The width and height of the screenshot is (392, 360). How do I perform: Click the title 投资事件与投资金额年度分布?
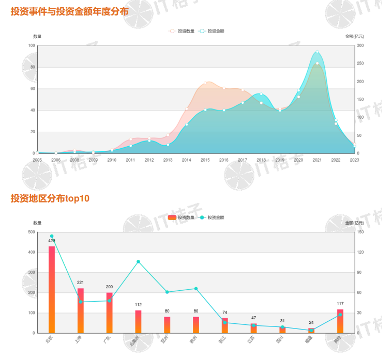pyautogui.click(x=70, y=11)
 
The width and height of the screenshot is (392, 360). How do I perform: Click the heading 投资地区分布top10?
pyautogui.click(x=50, y=198)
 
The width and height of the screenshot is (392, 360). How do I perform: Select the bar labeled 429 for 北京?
pyautogui.click(x=52, y=289)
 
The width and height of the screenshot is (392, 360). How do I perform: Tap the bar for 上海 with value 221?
pyautogui.click(x=81, y=310)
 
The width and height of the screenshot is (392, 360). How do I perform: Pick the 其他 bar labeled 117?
pyautogui.click(x=340, y=321)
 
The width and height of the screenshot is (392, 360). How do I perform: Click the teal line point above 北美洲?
pyautogui.click(x=138, y=261)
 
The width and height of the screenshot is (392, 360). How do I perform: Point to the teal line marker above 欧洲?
pyautogui.click(x=196, y=289)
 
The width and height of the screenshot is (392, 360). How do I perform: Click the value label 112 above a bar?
pyautogui.click(x=138, y=305)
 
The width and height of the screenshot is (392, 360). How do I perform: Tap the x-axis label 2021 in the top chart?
pyautogui.click(x=317, y=160)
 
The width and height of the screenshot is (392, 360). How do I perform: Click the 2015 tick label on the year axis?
pyautogui.click(x=205, y=160)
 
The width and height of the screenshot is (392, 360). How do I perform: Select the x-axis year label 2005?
pyautogui.click(x=37, y=160)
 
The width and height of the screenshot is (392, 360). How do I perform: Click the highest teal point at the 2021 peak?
pyautogui.click(x=317, y=52)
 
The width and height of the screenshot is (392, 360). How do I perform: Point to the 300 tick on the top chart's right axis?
pyautogui.click(x=360, y=46)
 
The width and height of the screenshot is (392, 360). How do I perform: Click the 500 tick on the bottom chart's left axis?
pyautogui.click(x=31, y=232)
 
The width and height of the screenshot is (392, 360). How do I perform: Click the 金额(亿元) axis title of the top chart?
pyautogui.click(x=354, y=36)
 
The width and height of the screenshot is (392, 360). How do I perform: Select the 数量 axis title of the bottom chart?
pyautogui.click(x=37, y=223)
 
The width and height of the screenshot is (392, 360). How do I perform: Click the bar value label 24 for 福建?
pyautogui.click(x=311, y=323)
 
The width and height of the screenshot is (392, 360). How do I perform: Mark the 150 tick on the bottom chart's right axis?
pyautogui.click(x=360, y=232)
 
